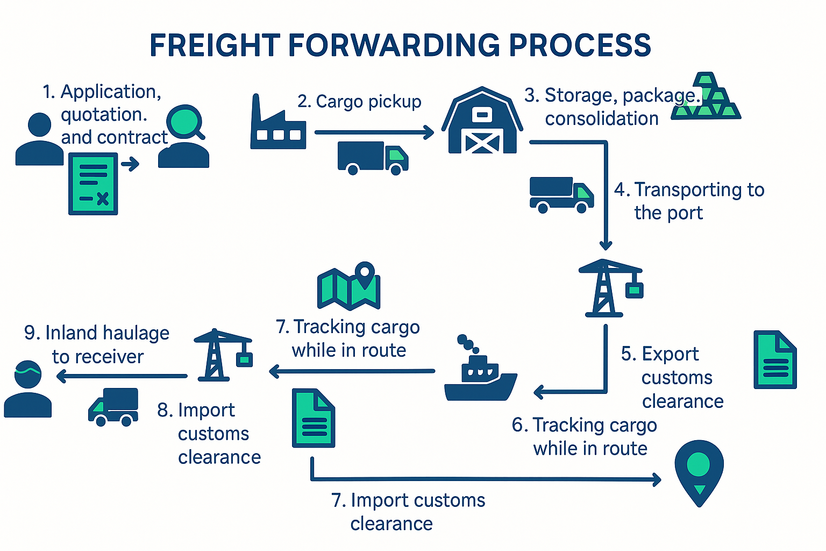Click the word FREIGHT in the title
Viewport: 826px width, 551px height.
click(215, 45)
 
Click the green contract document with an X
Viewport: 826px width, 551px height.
click(93, 184)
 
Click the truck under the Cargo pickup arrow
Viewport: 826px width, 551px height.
click(372, 158)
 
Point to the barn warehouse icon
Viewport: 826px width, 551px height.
click(482, 122)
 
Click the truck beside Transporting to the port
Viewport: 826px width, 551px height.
click(561, 195)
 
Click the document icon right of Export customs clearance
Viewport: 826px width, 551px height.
click(774, 359)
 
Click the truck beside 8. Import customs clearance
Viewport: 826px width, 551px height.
click(113, 407)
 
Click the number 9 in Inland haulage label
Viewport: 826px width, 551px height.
click(31, 333)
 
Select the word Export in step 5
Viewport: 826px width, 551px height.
click(670, 354)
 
